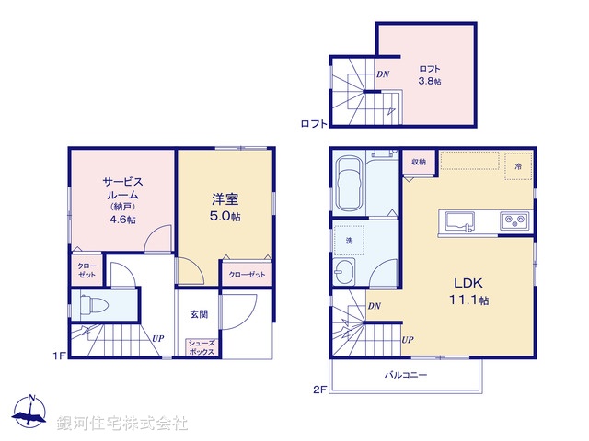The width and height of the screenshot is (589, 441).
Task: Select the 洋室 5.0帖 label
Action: (226, 205)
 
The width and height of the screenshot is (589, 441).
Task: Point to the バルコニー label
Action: (406, 375)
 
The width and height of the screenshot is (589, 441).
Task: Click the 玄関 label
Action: (199, 314)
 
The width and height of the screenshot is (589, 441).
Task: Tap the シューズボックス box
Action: (202, 348)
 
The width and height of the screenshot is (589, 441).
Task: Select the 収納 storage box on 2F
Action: (419, 162)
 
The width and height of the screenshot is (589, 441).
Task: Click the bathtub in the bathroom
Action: (350, 183)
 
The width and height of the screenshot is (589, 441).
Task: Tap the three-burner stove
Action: (514, 221)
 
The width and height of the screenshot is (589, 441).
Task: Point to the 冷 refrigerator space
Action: (517, 166)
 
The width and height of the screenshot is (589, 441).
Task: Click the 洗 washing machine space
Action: (351, 240)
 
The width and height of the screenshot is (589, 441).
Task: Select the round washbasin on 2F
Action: (347, 272)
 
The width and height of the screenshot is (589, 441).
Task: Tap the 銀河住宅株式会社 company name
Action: (122, 424)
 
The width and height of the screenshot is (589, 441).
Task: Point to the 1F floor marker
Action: (57, 356)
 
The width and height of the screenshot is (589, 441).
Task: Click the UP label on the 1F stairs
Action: (158, 338)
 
